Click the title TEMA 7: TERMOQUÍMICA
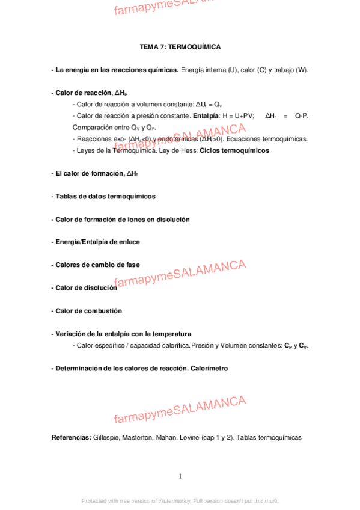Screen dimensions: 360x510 (180, 46)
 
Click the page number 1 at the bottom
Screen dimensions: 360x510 (180, 476)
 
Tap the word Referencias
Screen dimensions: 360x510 (72, 437)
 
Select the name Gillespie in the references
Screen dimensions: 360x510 (107, 437)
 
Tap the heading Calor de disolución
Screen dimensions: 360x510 (84, 288)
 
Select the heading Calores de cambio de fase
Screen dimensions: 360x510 (96, 265)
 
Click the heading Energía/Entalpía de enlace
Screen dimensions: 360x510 (96, 242)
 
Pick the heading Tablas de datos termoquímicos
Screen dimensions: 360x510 (105, 196)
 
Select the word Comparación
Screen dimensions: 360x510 (91, 127)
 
